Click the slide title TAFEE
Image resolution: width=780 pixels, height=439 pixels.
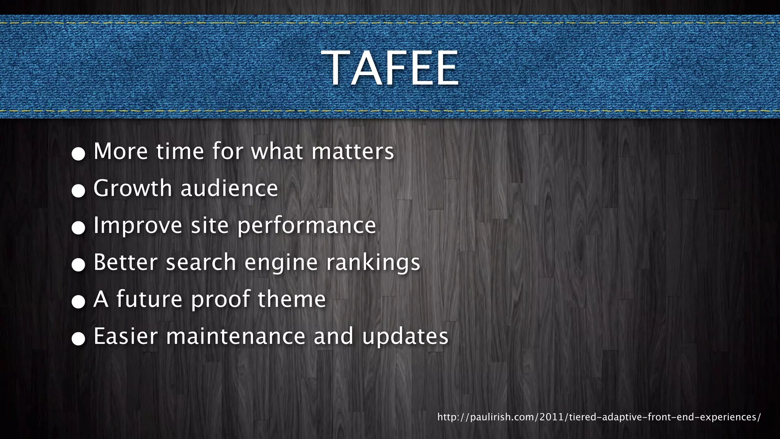390,69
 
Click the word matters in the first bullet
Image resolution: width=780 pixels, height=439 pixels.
353,151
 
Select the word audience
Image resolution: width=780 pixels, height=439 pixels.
229,188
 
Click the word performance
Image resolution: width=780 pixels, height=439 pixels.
307,225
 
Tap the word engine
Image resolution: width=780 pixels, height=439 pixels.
281,263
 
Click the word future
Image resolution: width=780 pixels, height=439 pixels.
149,299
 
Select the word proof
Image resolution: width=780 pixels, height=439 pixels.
221,300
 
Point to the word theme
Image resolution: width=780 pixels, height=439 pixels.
292,299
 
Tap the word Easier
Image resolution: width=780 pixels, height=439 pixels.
125,336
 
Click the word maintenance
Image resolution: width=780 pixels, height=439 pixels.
236,336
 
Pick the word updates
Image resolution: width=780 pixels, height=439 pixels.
405,337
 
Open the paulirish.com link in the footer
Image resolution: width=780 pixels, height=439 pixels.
599,417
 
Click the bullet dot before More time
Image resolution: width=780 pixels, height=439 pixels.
78,154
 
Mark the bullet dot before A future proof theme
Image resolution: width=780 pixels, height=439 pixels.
78,302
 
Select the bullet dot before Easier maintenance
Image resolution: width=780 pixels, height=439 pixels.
78,339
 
